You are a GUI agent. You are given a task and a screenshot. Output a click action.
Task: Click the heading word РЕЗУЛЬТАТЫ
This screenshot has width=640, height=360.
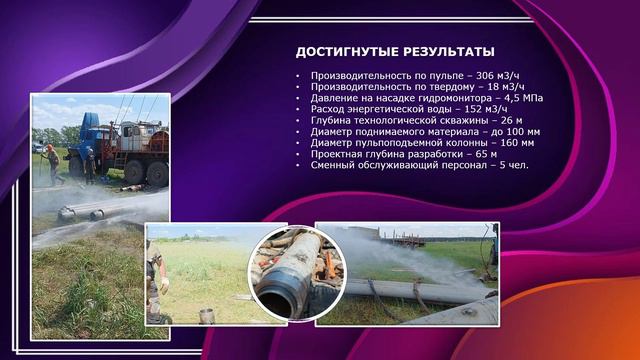[x=449, y=52]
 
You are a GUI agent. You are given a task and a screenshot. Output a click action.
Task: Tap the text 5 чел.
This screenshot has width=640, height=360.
[x=512, y=165]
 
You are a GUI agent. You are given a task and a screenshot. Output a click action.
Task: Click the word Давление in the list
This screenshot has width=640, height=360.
[x=336, y=99]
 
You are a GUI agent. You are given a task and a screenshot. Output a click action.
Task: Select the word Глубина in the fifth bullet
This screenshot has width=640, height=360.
[x=333, y=121]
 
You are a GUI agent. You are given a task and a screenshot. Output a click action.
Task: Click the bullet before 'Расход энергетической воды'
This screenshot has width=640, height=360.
[x=298, y=110]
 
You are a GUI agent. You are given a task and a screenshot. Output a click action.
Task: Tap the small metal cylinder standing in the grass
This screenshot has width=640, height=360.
[x=207, y=315]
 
